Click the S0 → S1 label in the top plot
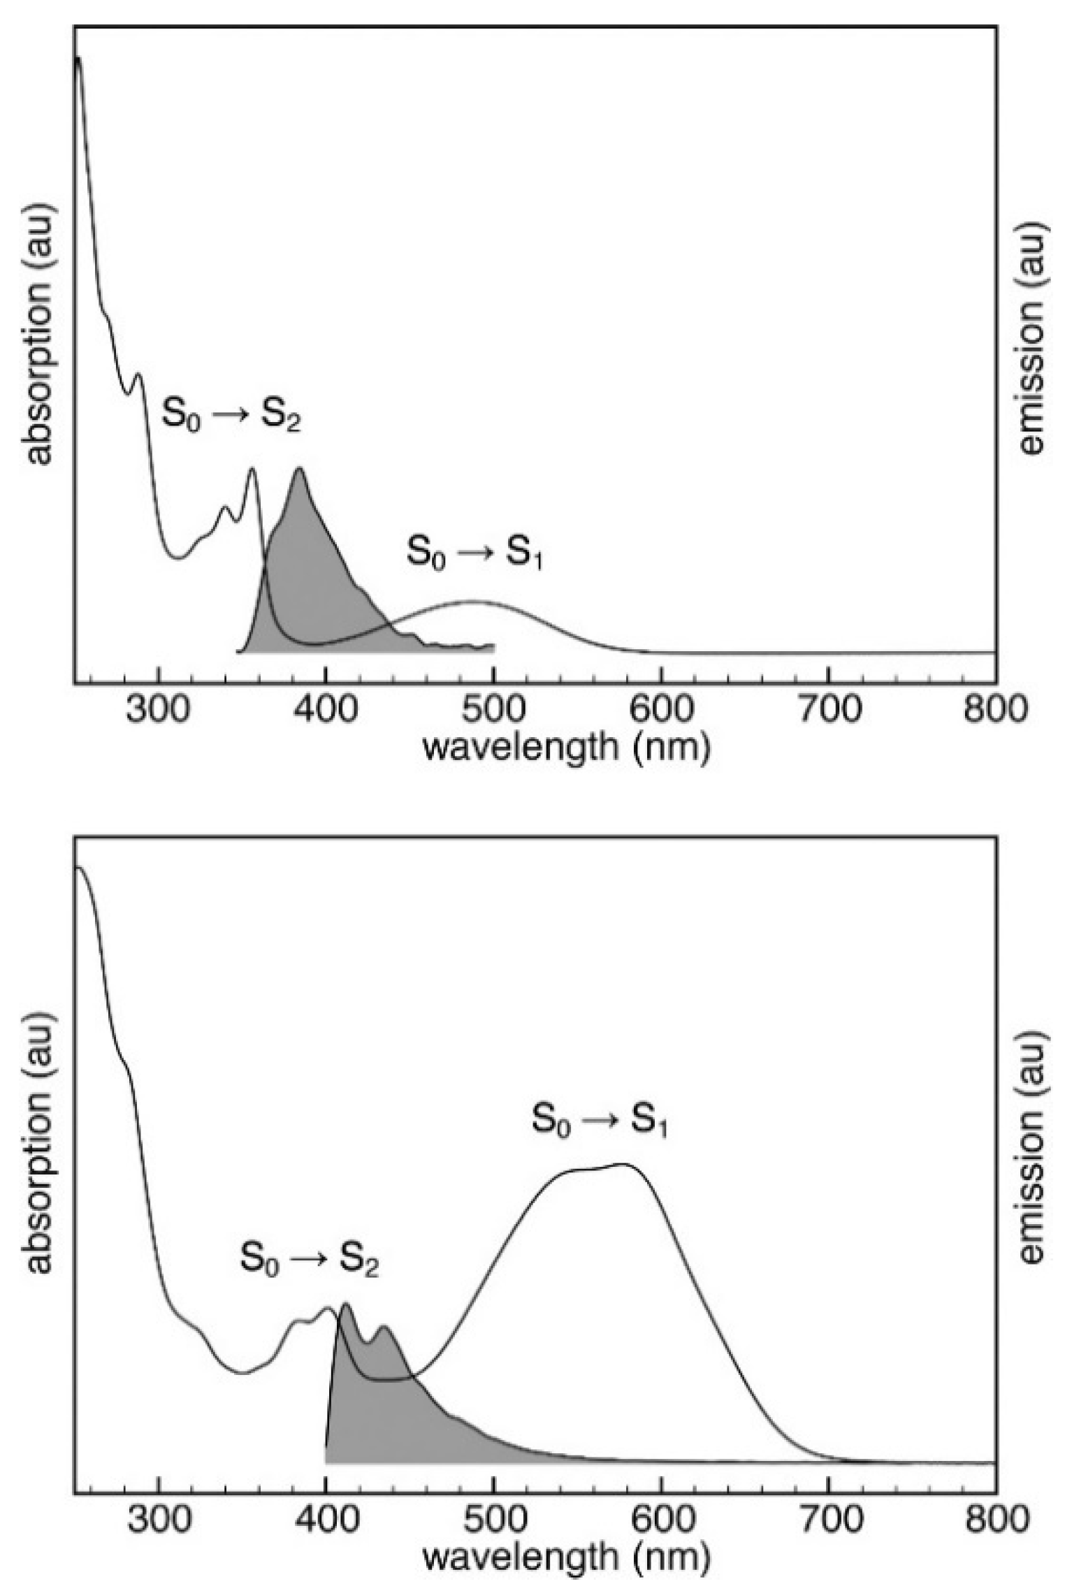475,554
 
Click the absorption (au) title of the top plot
42,334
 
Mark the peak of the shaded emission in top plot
300,469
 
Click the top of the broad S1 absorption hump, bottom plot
624,1164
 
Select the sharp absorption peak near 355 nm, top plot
252,469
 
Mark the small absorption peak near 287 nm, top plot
138,374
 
